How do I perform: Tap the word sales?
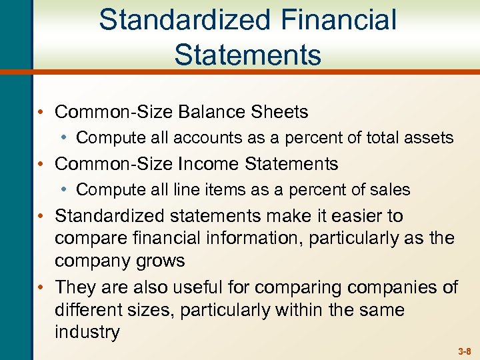[388, 190]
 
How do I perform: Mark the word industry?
[87, 332]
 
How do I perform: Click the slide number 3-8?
[464, 351]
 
